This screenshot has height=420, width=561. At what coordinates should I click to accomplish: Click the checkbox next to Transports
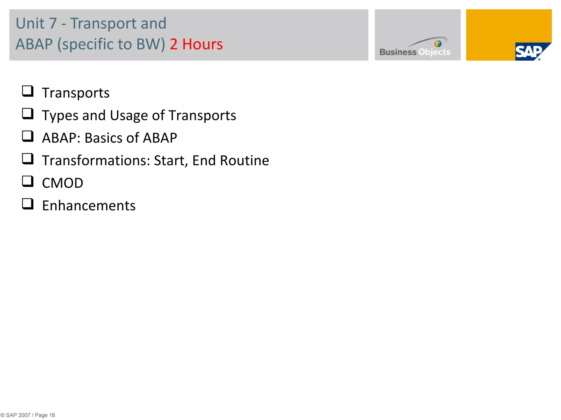28,91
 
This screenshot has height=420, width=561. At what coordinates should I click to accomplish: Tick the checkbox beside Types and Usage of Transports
28,114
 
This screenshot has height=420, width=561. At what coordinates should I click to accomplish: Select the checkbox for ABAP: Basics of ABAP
28,136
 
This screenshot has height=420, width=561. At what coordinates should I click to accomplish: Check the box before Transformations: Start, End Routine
28,159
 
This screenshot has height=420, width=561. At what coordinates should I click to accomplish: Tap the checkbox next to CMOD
28,181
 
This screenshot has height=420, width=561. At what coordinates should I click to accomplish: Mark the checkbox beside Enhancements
28,204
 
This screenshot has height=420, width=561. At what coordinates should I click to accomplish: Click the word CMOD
62,183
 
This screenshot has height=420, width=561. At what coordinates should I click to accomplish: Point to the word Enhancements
89,206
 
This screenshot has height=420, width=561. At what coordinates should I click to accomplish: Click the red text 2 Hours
196,44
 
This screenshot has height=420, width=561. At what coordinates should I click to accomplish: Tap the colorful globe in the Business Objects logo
438,43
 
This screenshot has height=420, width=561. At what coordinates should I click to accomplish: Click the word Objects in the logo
434,52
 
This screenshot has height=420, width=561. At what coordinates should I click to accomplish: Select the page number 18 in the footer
52,415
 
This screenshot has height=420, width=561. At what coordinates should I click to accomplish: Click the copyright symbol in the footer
2,415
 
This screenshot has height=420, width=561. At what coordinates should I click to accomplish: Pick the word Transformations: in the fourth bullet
96,161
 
